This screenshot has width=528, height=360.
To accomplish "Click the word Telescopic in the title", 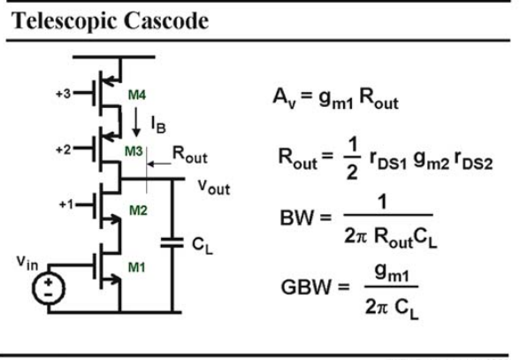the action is [64, 21].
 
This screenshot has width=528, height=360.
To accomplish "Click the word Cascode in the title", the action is [166, 20].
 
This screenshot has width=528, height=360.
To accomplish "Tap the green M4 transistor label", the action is [137, 96].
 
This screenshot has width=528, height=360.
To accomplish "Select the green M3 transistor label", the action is [134, 151].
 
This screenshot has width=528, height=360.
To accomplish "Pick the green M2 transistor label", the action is [138, 211].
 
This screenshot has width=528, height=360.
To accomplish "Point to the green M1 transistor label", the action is [137, 267].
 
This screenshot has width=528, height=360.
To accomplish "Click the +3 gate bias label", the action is [64, 93].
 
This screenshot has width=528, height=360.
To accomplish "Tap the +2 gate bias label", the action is [64, 149].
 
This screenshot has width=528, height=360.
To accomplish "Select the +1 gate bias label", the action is [66, 204].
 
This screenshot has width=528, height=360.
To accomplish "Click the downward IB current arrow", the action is [136, 122].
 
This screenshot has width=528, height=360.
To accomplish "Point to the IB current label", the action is [158, 125].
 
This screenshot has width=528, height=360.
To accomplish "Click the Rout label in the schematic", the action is [189, 155].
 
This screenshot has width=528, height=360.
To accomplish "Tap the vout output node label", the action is [214, 187].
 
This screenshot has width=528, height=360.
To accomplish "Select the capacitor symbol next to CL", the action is [172, 243].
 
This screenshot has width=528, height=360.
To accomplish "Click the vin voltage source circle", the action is [49, 288].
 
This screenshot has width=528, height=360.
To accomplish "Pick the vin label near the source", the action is [27, 263].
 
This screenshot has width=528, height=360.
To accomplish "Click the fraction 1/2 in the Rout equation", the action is [352, 158].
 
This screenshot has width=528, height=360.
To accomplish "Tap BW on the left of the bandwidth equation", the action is [296, 218].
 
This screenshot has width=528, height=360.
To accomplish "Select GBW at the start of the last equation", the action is [306, 287].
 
